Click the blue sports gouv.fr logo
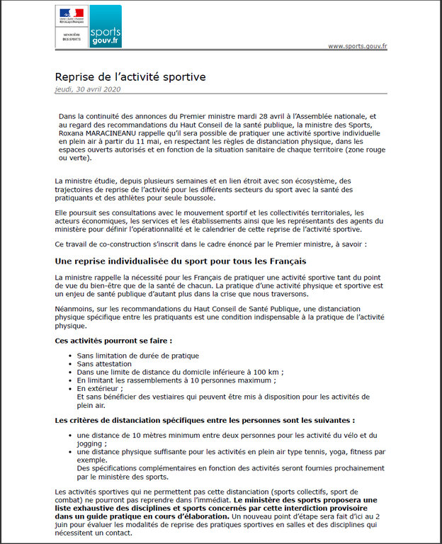click(106, 26)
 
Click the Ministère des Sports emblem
click(72, 26)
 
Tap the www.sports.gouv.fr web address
click(358, 46)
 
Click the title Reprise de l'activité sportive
click(130, 76)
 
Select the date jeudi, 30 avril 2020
click(88, 89)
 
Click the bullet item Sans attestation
click(104, 363)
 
